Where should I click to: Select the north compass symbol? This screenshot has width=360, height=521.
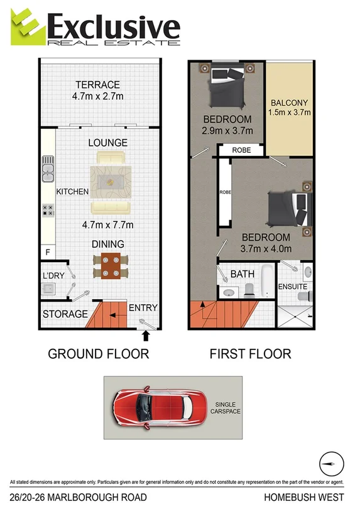pos(332,465)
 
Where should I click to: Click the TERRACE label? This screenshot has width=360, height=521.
pos(97,85)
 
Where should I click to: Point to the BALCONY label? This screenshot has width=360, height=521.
pos(290,103)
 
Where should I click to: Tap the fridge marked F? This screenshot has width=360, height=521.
pos(48,252)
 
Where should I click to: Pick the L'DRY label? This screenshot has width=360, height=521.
pos(55,276)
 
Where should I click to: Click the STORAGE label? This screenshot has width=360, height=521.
pos(65,314)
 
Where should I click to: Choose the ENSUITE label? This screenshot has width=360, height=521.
pos(293,287)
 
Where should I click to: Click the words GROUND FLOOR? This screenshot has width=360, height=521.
pos(99,354)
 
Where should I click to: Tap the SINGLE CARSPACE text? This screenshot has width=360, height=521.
pos(227,408)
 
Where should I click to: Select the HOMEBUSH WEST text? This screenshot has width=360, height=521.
pos(304,498)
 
